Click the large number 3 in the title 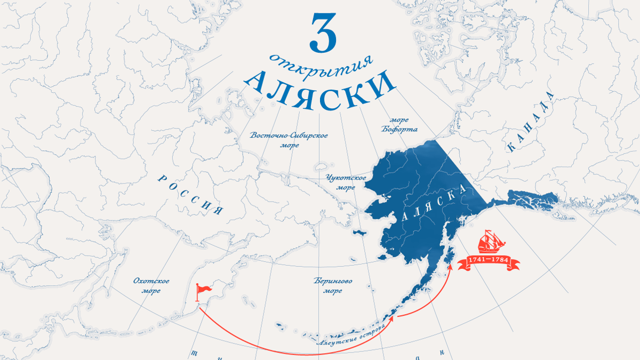[323, 33]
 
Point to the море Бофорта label [399, 124]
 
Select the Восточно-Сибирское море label [289, 140]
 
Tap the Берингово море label [333, 286]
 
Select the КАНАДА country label [531, 122]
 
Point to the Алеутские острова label [351, 333]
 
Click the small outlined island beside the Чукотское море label [321, 166]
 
